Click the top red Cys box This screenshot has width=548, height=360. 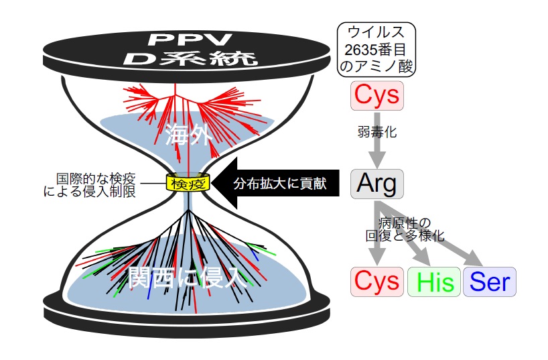pyautogui.click(x=377, y=95)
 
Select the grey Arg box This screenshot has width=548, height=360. pyautogui.click(x=377, y=184)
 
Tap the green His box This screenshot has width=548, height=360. pyautogui.click(x=434, y=282)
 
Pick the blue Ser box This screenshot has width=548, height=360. pyautogui.click(x=490, y=282)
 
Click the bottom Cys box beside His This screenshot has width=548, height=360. pyautogui.click(x=377, y=282)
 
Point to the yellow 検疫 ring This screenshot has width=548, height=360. pyautogui.click(x=188, y=182)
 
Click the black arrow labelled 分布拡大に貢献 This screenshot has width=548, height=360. pyautogui.click(x=275, y=183)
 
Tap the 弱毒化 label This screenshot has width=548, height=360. pyautogui.click(x=377, y=132)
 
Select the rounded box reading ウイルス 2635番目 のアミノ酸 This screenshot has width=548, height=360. pyautogui.click(x=376, y=50)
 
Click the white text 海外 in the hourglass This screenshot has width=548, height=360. pyautogui.click(x=189, y=134)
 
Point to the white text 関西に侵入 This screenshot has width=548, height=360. pyautogui.click(x=188, y=277)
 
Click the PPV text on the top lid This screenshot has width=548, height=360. pyautogui.click(x=190, y=40)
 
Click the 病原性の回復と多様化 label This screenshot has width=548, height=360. pyautogui.click(x=405, y=229)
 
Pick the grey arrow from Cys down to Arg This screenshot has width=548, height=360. pyautogui.click(x=377, y=140)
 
